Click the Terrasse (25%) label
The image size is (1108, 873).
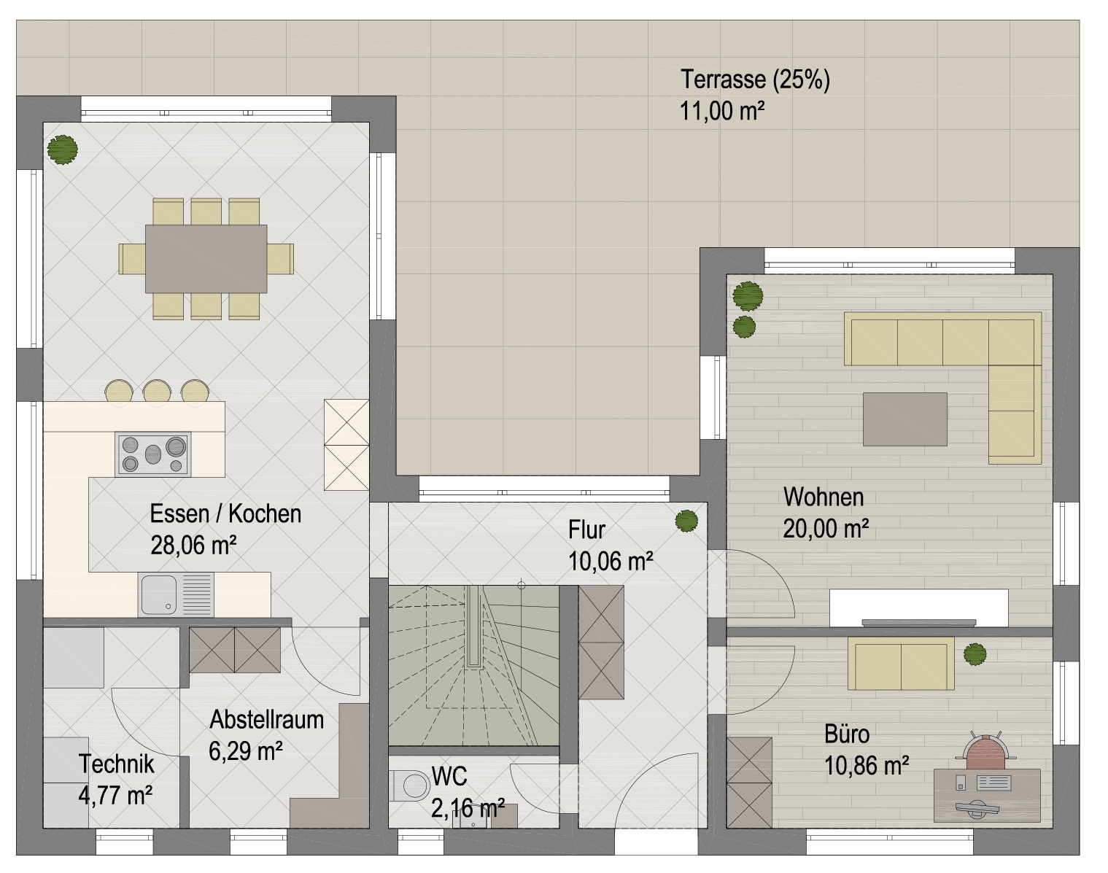pos(755,79)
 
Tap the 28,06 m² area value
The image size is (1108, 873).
pos(193,545)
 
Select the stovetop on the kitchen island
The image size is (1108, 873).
pos(153,454)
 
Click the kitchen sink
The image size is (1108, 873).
pos(176,594)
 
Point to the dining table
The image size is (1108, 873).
pos(206,259)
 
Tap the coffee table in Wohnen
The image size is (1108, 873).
pos(904,419)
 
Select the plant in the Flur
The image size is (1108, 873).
pos(686,521)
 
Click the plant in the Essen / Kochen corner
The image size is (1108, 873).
pos(62,150)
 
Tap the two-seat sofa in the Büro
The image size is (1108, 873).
pos(901,664)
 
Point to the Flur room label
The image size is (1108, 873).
pos(586,529)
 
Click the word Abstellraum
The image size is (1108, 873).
pos(267,720)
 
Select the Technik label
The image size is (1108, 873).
pos(117,764)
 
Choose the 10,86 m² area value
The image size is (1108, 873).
pos(867,765)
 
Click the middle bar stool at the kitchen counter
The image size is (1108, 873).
pos(157,391)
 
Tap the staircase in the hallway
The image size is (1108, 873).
pos(473,665)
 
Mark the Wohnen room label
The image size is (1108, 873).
pos(824,497)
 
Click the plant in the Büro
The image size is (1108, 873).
pos(975,654)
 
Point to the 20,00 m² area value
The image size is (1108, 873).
pos(826,528)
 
